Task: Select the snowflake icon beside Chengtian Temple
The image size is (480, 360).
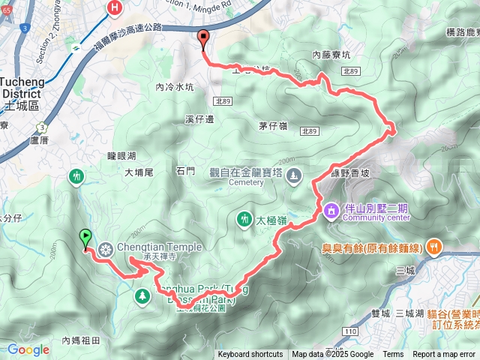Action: (x=106, y=249)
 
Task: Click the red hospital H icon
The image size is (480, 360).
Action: (x=115, y=7)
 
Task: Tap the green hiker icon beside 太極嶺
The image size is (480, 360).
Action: (x=243, y=219)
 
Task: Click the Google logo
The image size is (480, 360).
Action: (x=28, y=349)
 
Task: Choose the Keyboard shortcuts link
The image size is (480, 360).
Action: (x=250, y=355)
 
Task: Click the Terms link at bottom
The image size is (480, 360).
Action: (x=393, y=355)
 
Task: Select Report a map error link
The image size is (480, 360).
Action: (x=444, y=355)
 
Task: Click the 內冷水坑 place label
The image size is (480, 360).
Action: (x=174, y=87)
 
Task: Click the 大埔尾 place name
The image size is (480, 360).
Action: (x=139, y=172)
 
